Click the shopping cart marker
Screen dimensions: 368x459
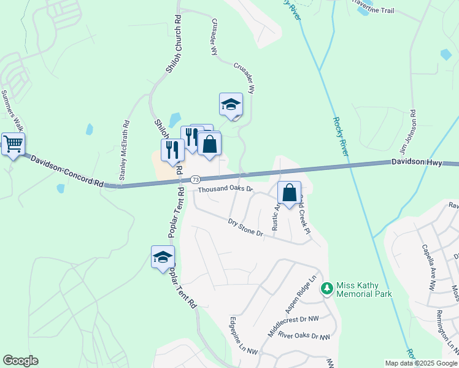pyautogui.click(x=13, y=144)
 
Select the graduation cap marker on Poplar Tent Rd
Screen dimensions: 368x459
pyautogui.click(x=163, y=257)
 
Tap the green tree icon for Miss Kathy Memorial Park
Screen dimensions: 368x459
pyautogui.click(x=328, y=288)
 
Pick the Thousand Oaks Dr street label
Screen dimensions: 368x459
pyautogui.click(x=225, y=190)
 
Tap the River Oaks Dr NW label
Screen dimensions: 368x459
pyautogui.click(x=304, y=336)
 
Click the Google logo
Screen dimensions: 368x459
pyautogui.click(x=20, y=361)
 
